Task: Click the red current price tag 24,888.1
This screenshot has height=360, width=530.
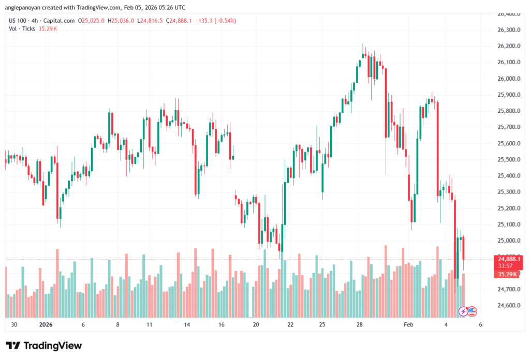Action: pos(509,259)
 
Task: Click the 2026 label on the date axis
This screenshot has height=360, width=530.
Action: pos(46,325)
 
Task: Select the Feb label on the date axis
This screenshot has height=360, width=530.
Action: pos(409,325)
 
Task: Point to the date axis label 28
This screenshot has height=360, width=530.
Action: pos(360,325)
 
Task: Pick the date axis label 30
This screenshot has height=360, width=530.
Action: pos(14,325)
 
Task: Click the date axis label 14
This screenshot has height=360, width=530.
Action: pos(187,325)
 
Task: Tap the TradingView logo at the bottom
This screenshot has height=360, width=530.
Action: pos(44,346)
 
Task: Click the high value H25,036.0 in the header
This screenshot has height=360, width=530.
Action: pos(120,21)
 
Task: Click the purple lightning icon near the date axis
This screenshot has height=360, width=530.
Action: pos(463,311)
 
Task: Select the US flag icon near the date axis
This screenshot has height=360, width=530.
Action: pos(472,311)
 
